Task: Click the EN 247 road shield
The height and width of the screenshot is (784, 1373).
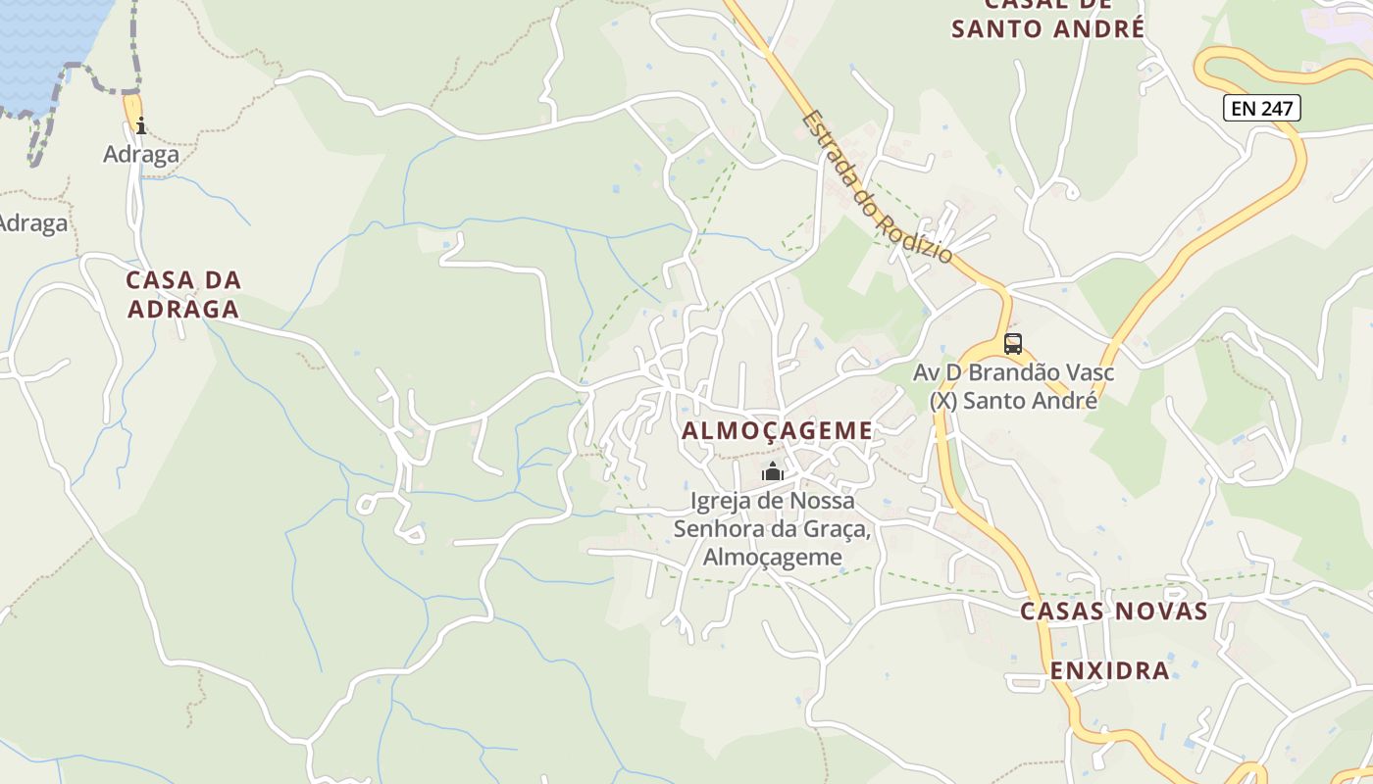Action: tap(1262, 108)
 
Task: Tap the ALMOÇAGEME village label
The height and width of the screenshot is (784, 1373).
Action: tap(777, 430)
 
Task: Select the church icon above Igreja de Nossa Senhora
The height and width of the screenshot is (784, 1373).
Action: tap(773, 472)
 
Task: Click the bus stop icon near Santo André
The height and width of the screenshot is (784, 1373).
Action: tap(1013, 344)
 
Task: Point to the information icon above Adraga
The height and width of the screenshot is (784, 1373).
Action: tap(141, 124)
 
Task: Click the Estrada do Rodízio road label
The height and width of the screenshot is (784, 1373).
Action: tap(876, 187)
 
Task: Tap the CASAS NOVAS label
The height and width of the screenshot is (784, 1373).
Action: tap(1113, 612)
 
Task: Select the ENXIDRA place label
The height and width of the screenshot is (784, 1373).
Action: tap(1110, 671)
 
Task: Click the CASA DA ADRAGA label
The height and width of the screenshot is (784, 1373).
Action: tap(183, 294)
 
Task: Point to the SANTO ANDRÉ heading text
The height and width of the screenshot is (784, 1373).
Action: tap(1047, 28)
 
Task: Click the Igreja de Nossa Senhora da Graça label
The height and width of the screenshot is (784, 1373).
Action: tap(773, 529)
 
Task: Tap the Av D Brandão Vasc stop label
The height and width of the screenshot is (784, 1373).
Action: tap(1013, 372)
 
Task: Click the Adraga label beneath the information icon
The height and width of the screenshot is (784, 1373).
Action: tap(141, 154)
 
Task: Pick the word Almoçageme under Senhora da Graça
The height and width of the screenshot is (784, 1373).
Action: tap(773, 557)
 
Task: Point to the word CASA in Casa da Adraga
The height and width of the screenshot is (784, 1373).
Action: tap(157, 280)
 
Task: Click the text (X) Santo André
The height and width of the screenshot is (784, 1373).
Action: tap(1013, 401)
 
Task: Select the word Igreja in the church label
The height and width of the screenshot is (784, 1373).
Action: tap(722, 501)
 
